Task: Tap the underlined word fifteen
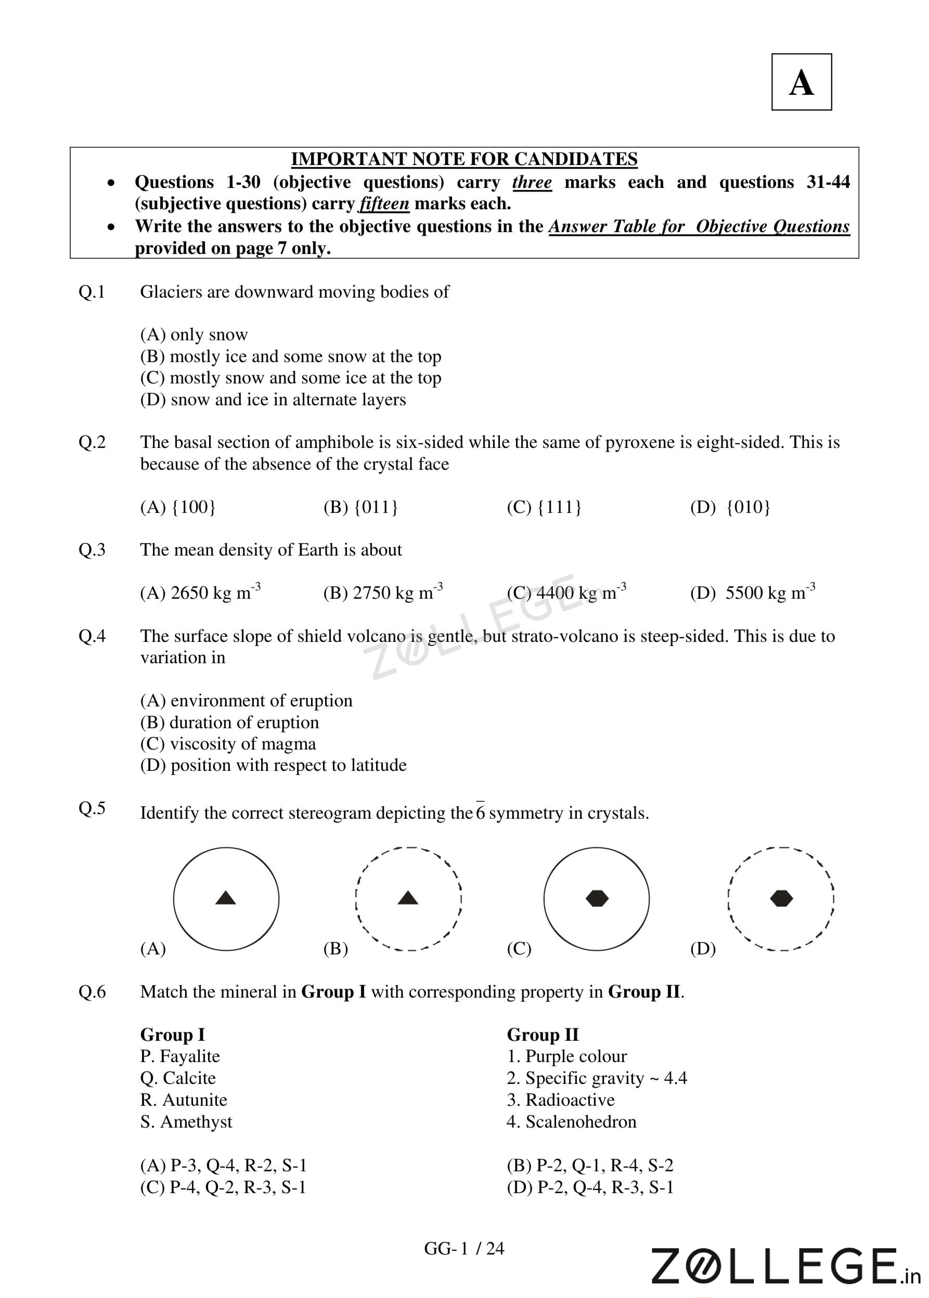tap(384, 204)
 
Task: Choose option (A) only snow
tap(194, 335)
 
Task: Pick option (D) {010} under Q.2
tap(730, 507)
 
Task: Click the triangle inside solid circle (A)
tap(226, 898)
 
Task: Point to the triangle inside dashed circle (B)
tap(408, 898)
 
